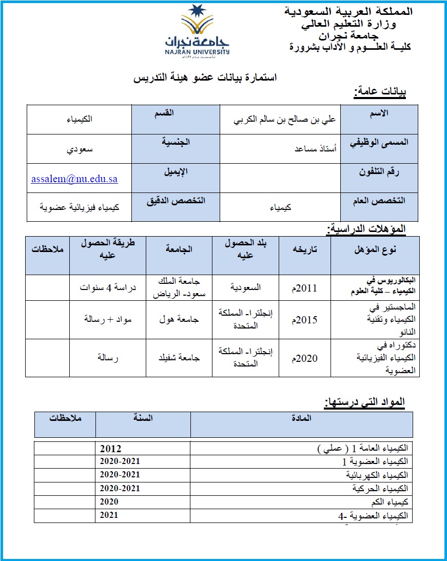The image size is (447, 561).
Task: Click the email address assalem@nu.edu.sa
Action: tap(74, 179)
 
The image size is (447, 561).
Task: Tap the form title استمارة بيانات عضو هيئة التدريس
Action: tap(205, 78)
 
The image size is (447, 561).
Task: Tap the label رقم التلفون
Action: tap(379, 172)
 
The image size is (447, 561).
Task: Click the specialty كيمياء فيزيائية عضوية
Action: tap(80, 207)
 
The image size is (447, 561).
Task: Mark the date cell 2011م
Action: tap(305, 288)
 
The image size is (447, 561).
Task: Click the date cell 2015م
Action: tap(305, 320)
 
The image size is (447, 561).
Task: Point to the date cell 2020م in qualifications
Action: tap(305, 358)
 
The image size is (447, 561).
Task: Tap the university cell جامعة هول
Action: tap(179, 319)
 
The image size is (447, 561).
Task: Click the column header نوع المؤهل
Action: tap(374, 250)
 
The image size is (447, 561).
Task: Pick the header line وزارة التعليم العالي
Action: tap(348, 24)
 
